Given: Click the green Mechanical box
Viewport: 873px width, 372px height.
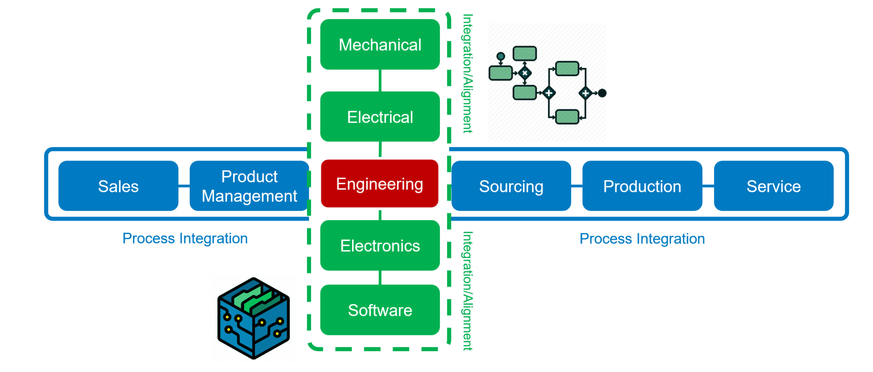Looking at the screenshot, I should point(380,45).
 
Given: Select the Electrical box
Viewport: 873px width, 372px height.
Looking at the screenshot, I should point(380,117).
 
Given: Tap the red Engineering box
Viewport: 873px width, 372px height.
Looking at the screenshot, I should point(379,184).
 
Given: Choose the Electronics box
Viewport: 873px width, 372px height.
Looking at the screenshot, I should point(380,246).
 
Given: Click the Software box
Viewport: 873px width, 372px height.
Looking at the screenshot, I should point(380,310).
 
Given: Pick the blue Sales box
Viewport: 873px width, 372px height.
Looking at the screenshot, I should point(118,186).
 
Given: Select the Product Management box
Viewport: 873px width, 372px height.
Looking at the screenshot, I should point(249,186).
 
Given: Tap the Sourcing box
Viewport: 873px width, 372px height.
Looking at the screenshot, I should point(511,186).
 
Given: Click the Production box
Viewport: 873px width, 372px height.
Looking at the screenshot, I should point(642,186).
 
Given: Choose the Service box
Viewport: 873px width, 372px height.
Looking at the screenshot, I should point(773,186).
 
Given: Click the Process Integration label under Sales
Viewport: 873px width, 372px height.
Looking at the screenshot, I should point(185,238).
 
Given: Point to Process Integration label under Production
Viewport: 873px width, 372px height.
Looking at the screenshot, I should point(642,239).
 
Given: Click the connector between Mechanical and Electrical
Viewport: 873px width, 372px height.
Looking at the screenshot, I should point(380,80).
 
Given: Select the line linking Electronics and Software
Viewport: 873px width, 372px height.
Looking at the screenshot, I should point(380,278).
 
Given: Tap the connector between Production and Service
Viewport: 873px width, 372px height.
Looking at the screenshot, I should point(708,186).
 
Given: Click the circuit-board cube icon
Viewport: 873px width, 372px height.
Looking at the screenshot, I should point(254,318).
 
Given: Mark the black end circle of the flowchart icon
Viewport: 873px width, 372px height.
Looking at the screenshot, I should point(602,93).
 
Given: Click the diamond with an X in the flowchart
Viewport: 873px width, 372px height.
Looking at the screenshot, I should point(525,73).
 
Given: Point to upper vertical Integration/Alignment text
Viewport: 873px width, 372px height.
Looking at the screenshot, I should point(468,74).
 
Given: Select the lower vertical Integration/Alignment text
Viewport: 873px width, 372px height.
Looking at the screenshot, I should point(468,291).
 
